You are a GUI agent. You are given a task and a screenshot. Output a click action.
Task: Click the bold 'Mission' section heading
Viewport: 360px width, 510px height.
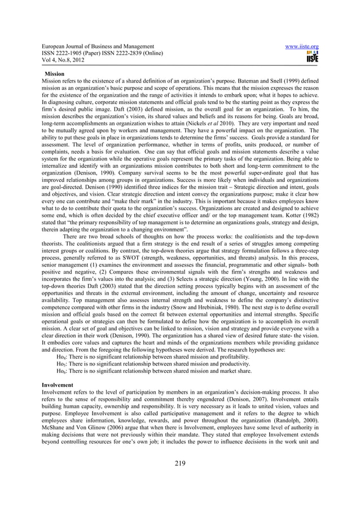pyautogui.click(x=55, y=75)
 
